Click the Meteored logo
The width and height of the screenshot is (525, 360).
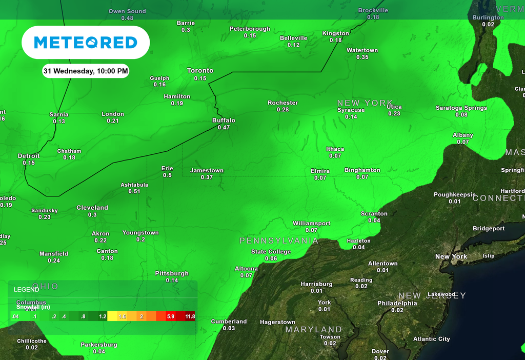86,43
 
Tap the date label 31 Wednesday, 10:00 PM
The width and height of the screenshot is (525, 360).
86,71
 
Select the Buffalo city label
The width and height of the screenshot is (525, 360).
224,121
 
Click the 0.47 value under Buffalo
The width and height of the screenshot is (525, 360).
224,128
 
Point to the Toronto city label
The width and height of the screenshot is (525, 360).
200,71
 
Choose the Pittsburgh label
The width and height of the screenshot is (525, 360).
172,274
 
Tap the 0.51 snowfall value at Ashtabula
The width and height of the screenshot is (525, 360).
134,192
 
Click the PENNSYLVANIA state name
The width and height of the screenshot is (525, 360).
279,241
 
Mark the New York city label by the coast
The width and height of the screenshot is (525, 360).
451,256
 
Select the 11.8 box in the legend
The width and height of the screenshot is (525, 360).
190,316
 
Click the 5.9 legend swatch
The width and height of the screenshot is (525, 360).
171,316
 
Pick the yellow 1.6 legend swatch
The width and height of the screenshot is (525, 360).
122,316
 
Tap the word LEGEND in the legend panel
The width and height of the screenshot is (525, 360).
26,290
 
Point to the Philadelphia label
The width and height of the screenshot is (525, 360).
397,304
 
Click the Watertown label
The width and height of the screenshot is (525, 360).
362,50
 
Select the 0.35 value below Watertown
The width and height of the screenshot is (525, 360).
362,57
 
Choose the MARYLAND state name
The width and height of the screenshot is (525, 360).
314,330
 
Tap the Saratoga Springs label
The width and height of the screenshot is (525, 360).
461,108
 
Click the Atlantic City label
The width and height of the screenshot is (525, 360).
432,339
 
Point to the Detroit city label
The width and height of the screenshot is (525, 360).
29,156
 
